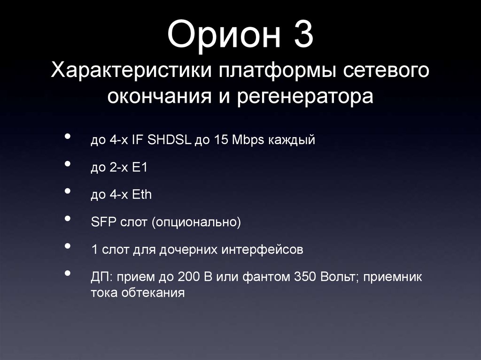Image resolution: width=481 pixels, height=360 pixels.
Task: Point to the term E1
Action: [x=140, y=167]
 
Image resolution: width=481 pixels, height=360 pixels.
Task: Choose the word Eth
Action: [x=142, y=194]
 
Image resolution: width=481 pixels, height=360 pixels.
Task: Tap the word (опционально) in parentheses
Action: [x=196, y=222]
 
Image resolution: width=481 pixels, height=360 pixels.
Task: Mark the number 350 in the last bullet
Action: [x=306, y=277]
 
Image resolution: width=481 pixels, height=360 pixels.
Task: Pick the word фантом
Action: [x=266, y=277]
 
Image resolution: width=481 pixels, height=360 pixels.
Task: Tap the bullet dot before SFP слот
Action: [x=69, y=219]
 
